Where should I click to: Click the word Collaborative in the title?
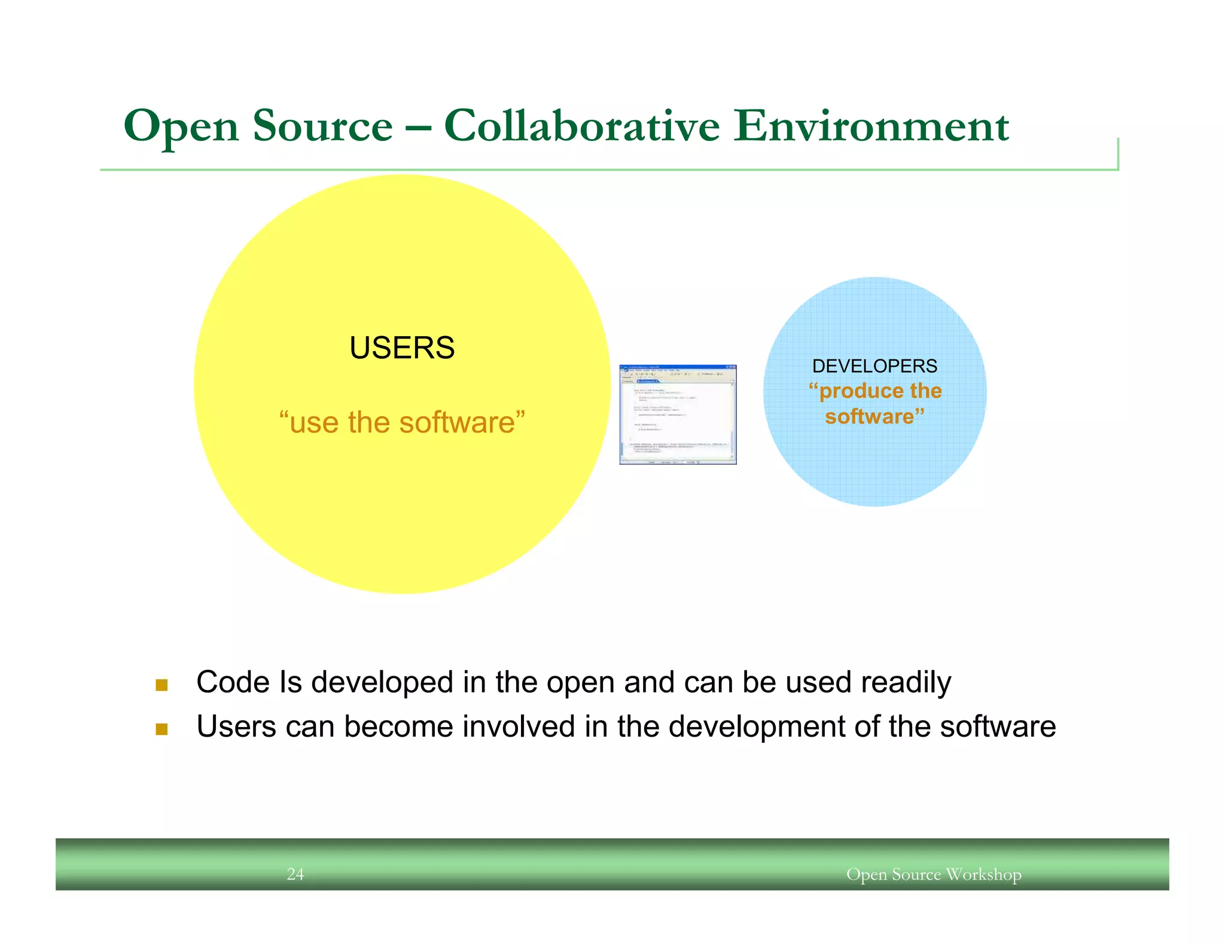tap(581, 126)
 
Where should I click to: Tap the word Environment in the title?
tap(871, 126)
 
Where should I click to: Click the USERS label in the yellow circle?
tap(402, 348)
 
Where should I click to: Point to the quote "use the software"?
tap(402, 422)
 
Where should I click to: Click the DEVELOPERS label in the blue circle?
tap(874, 366)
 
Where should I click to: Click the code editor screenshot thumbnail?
tap(678, 414)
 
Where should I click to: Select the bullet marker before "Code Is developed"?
tap(161, 685)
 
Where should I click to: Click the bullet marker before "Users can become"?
tap(161, 729)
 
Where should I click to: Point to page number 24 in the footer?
tap(295, 874)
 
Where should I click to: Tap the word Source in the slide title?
tap(322, 126)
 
